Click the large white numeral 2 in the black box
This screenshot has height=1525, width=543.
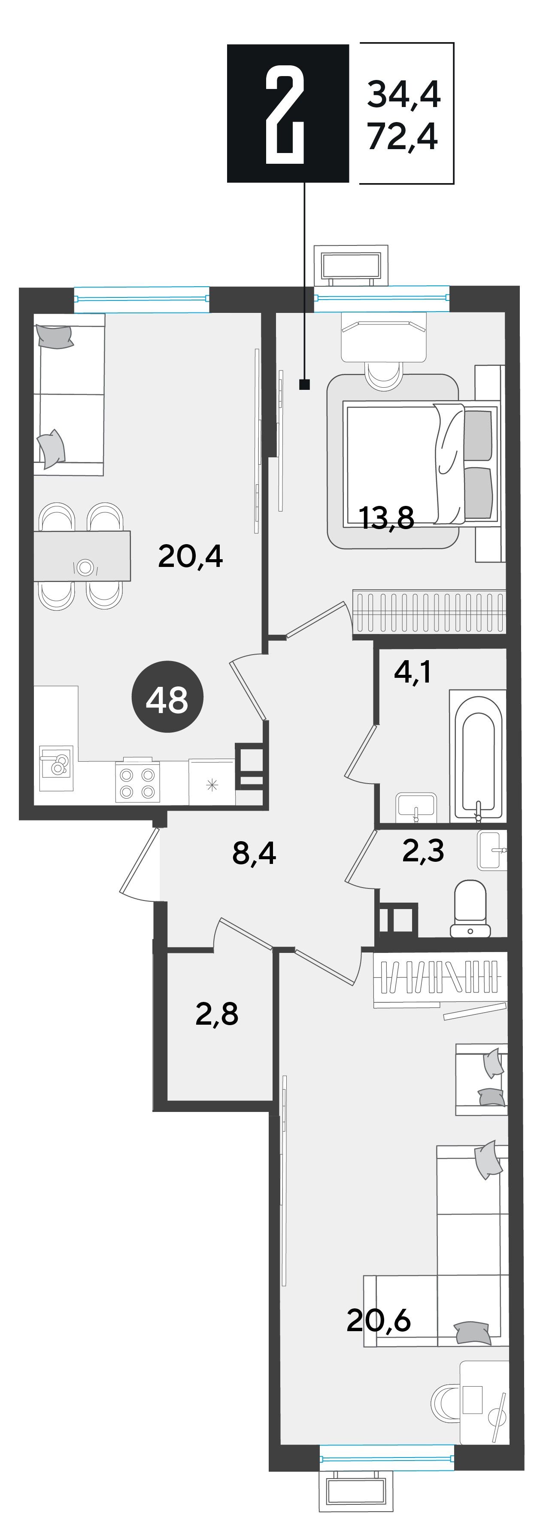click(x=285, y=113)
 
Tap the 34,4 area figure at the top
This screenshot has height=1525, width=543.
click(x=403, y=94)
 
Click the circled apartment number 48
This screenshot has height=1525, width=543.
click(x=167, y=696)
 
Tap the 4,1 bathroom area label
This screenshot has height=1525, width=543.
click(x=413, y=672)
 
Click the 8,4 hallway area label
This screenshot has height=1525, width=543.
click(x=255, y=854)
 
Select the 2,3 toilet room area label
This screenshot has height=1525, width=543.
click(x=423, y=850)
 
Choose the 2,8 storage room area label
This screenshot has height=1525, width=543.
click(x=217, y=1014)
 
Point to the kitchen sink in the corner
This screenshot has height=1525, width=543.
click(x=56, y=768)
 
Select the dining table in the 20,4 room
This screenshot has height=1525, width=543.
click(x=82, y=556)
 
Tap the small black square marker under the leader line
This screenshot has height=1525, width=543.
click(x=305, y=385)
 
